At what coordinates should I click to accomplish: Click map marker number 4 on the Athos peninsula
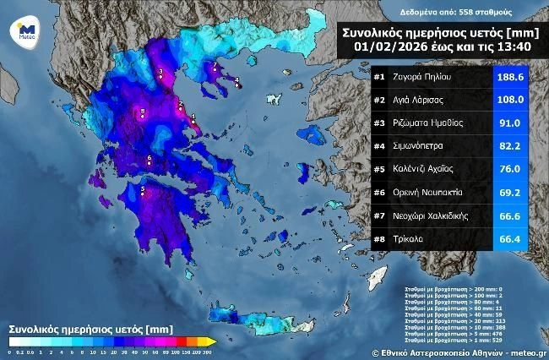237,82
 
